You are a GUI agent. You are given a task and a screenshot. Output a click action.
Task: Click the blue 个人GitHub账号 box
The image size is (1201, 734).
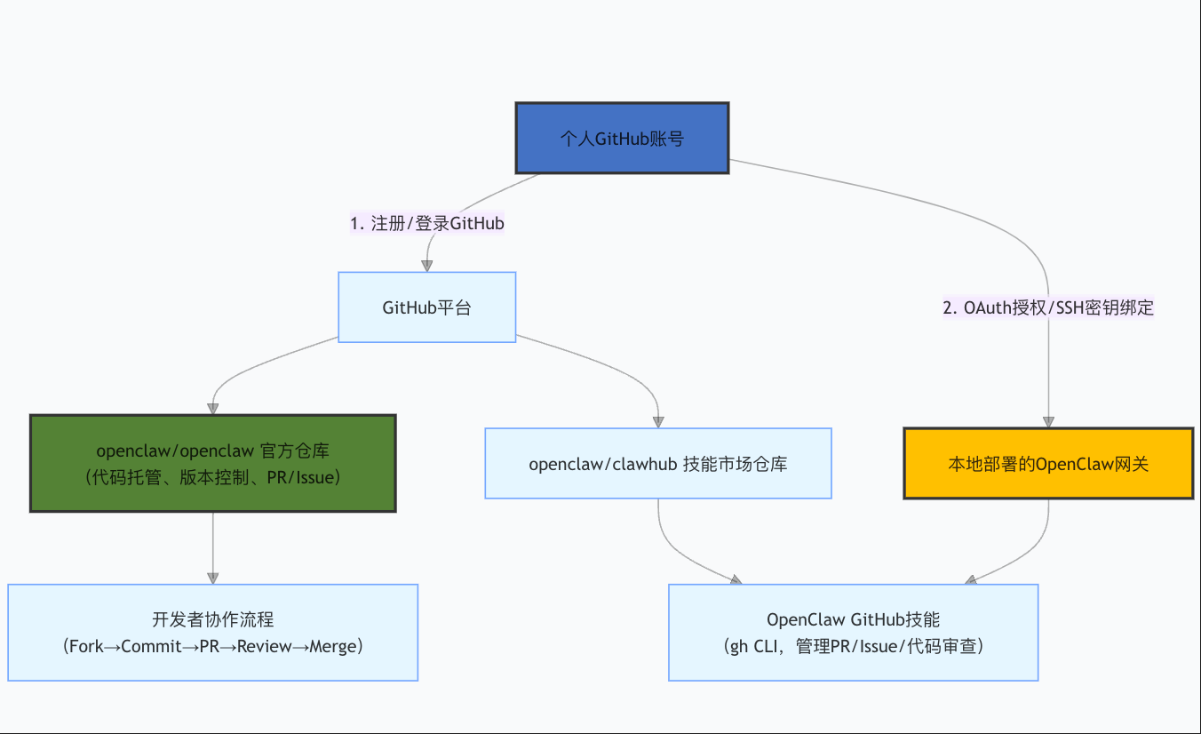[x=622, y=138]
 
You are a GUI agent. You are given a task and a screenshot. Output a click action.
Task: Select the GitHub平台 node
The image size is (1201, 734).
[x=426, y=307]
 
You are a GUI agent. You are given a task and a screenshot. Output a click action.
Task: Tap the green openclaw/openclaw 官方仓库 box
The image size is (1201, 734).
[x=212, y=463]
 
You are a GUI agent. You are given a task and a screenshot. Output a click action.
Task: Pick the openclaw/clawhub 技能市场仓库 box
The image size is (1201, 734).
[x=657, y=463]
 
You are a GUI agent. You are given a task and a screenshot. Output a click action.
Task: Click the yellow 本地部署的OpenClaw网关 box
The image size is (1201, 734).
[x=1048, y=463]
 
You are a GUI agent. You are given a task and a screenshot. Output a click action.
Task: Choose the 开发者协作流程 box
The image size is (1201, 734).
[x=212, y=632]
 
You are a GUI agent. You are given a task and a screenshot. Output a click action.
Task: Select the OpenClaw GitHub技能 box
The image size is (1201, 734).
[x=853, y=632]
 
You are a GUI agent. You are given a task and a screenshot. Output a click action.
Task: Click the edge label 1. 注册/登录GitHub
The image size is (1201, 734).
[x=427, y=223]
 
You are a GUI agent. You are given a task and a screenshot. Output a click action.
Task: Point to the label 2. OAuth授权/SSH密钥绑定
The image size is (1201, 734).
[x=1048, y=307]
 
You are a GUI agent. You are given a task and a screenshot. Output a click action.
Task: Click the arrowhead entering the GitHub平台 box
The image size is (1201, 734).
[x=427, y=265]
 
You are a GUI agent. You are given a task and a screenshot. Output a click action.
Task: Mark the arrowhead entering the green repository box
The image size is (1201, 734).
[x=212, y=408]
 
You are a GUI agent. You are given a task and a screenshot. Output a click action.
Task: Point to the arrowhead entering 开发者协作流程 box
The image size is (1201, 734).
[x=212, y=578]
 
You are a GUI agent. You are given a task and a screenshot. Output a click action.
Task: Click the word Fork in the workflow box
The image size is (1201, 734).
[x=86, y=646]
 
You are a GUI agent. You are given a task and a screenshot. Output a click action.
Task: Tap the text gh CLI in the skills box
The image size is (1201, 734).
[x=752, y=646]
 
